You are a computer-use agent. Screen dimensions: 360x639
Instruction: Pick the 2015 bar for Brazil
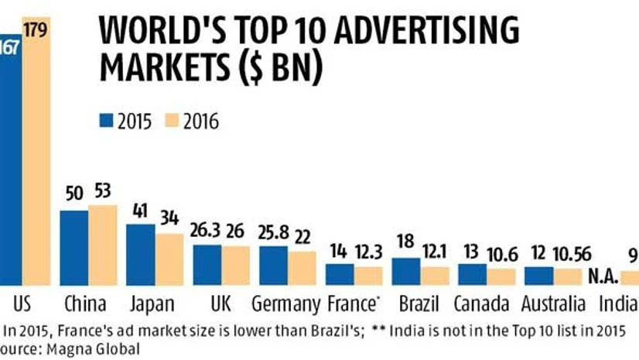[406, 272]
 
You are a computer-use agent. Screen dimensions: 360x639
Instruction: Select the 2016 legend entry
[191, 122]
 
